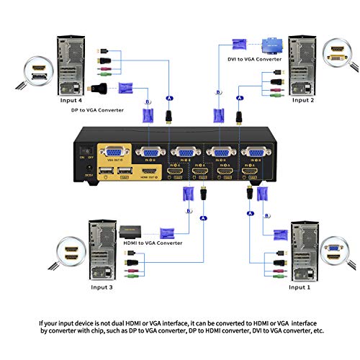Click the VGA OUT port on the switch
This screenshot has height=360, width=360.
click(x=114, y=153)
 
